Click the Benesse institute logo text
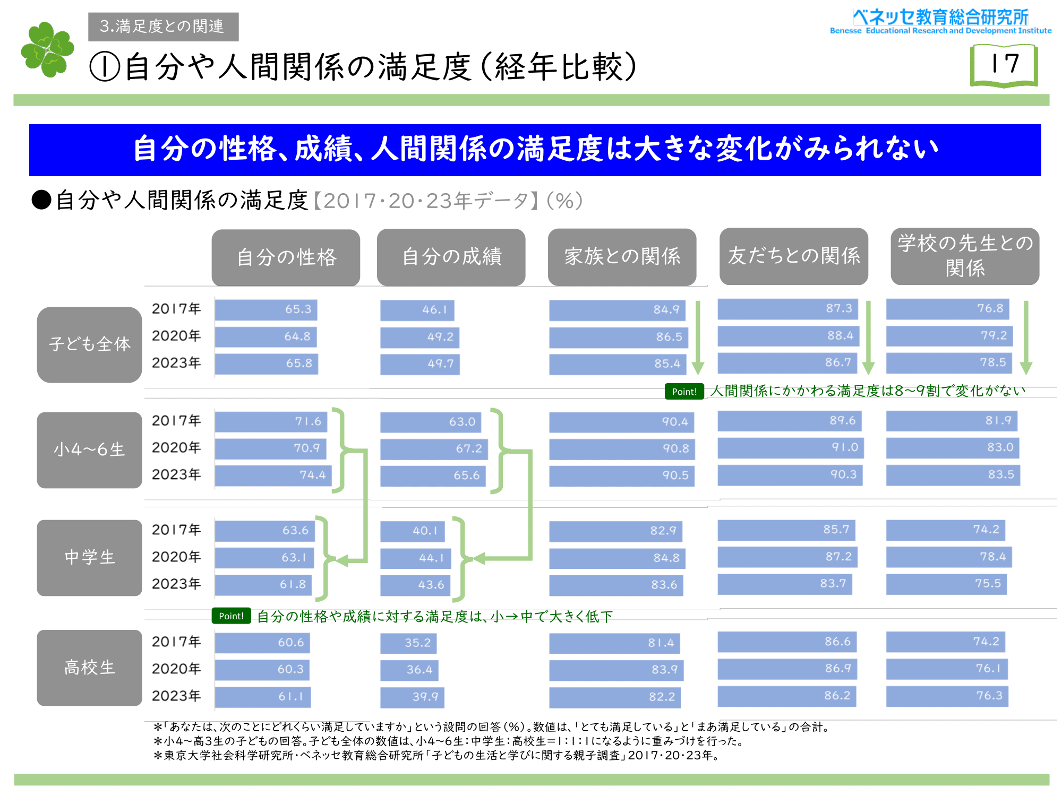[940, 22]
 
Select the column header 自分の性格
[286, 257]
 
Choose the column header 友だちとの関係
[793, 256]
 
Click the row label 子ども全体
[89, 344]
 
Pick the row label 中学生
[89, 558]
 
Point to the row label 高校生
[89, 668]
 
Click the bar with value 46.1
[417, 310]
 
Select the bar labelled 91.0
[791, 447]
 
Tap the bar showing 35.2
[408, 643]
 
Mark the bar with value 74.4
[273, 475]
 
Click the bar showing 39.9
[412, 697]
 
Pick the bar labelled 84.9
[617, 310]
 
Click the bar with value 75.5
[946, 584]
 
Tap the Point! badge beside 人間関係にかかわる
[684, 392]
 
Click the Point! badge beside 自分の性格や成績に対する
[231, 616]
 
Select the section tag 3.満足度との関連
[163, 27]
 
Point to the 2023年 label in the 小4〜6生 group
[176, 474]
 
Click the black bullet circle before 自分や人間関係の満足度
[41, 201]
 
